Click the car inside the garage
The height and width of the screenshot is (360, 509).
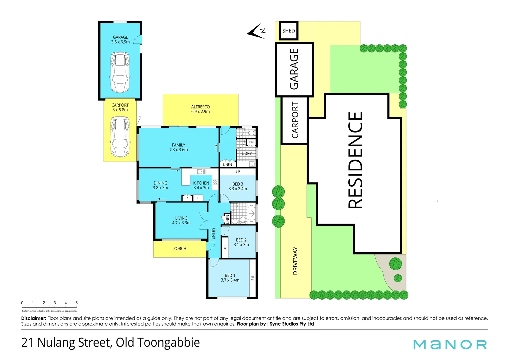(x=120, y=72)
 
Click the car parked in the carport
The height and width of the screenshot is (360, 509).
(x=120, y=137)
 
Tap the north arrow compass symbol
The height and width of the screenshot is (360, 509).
(x=256, y=31)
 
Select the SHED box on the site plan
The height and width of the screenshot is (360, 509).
(x=288, y=31)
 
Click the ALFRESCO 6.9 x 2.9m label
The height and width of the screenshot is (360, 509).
(x=200, y=109)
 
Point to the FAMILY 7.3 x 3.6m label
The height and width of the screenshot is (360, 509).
(x=178, y=147)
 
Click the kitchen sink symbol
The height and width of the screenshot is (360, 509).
(x=201, y=172)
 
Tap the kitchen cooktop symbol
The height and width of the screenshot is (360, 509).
(x=215, y=182)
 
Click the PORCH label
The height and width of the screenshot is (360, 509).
(x=180, y=249)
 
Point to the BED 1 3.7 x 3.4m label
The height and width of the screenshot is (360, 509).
(x=230, y=278)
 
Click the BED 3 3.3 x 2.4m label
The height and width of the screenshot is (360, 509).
(x=238, y=186)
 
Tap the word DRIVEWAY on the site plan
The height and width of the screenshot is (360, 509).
(x=295, y=261)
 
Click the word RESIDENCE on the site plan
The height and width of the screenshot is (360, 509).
(x=355, y=160)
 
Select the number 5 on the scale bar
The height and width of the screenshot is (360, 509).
(x=76, y=303)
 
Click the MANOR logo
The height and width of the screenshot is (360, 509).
(x=450, y=344)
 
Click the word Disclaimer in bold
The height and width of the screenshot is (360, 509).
(x=33, y=318)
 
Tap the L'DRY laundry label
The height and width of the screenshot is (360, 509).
(x=247, y=154)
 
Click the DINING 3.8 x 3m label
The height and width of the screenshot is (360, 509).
(x=160, y=185)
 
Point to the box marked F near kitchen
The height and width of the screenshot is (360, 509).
(x=198, y=198)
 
